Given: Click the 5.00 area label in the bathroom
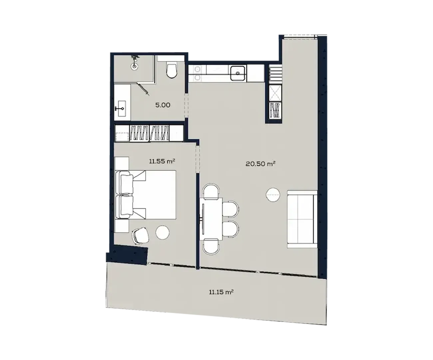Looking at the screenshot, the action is pyautogui.click(x=163, y=105).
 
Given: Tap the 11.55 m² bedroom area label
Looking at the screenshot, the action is pyautogui.click(x=162, y=161).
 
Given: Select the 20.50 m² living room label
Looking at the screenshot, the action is pyautogui.click(x=260, y=164).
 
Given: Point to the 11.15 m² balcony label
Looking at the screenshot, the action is pyautogui.click(x=221, y=292).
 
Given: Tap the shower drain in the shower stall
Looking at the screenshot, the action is pyautogui.click(x=134, y=66).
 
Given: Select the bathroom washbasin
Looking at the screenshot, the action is pyautogui.click(x=122, y=109).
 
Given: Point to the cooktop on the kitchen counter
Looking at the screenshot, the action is pyautogui.click(x=198, y=73).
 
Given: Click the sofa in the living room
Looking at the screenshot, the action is pyautogui.click(x=302, y=219).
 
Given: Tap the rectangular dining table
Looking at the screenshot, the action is pyautogui.click(x=211, y=219).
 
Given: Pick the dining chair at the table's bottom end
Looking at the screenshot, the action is pyautogui.click(x=211, y=247).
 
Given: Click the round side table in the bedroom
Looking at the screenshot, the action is pyautogui.click(x=163, y=232).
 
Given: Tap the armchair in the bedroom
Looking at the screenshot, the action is pyautogui.click(x=141, y=236).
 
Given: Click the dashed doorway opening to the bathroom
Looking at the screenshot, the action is pyautogui.click(x=187, y=106).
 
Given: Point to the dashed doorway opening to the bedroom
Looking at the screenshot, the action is pyautogui.click(x=198, y=159).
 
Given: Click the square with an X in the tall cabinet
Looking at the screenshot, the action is pyautogui.click(x=275, y=93).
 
